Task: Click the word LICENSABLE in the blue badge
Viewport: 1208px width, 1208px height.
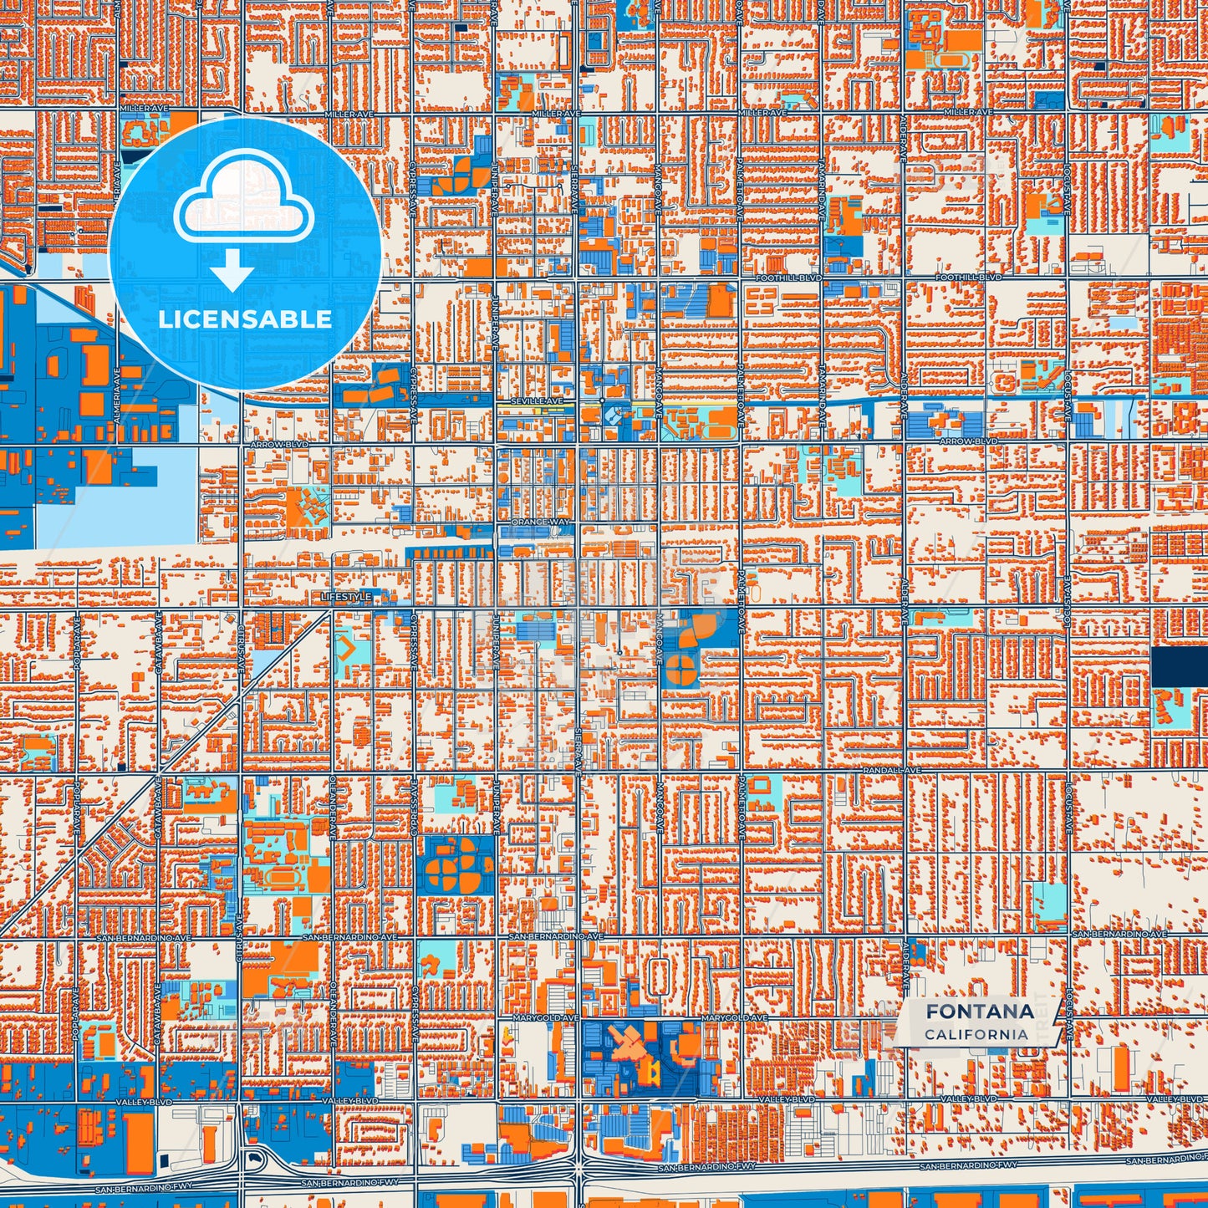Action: coord(244,319)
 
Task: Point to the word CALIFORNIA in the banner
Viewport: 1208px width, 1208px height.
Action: coord(976,1034)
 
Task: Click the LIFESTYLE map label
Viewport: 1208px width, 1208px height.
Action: coord(346,597)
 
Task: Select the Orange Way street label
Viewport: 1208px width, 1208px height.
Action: coord(539,522)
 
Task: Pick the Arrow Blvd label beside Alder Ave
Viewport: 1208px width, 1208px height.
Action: coord(968,441)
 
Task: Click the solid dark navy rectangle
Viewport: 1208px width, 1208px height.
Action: coord(1179,667)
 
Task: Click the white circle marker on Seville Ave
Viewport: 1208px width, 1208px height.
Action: coord(602,400)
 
